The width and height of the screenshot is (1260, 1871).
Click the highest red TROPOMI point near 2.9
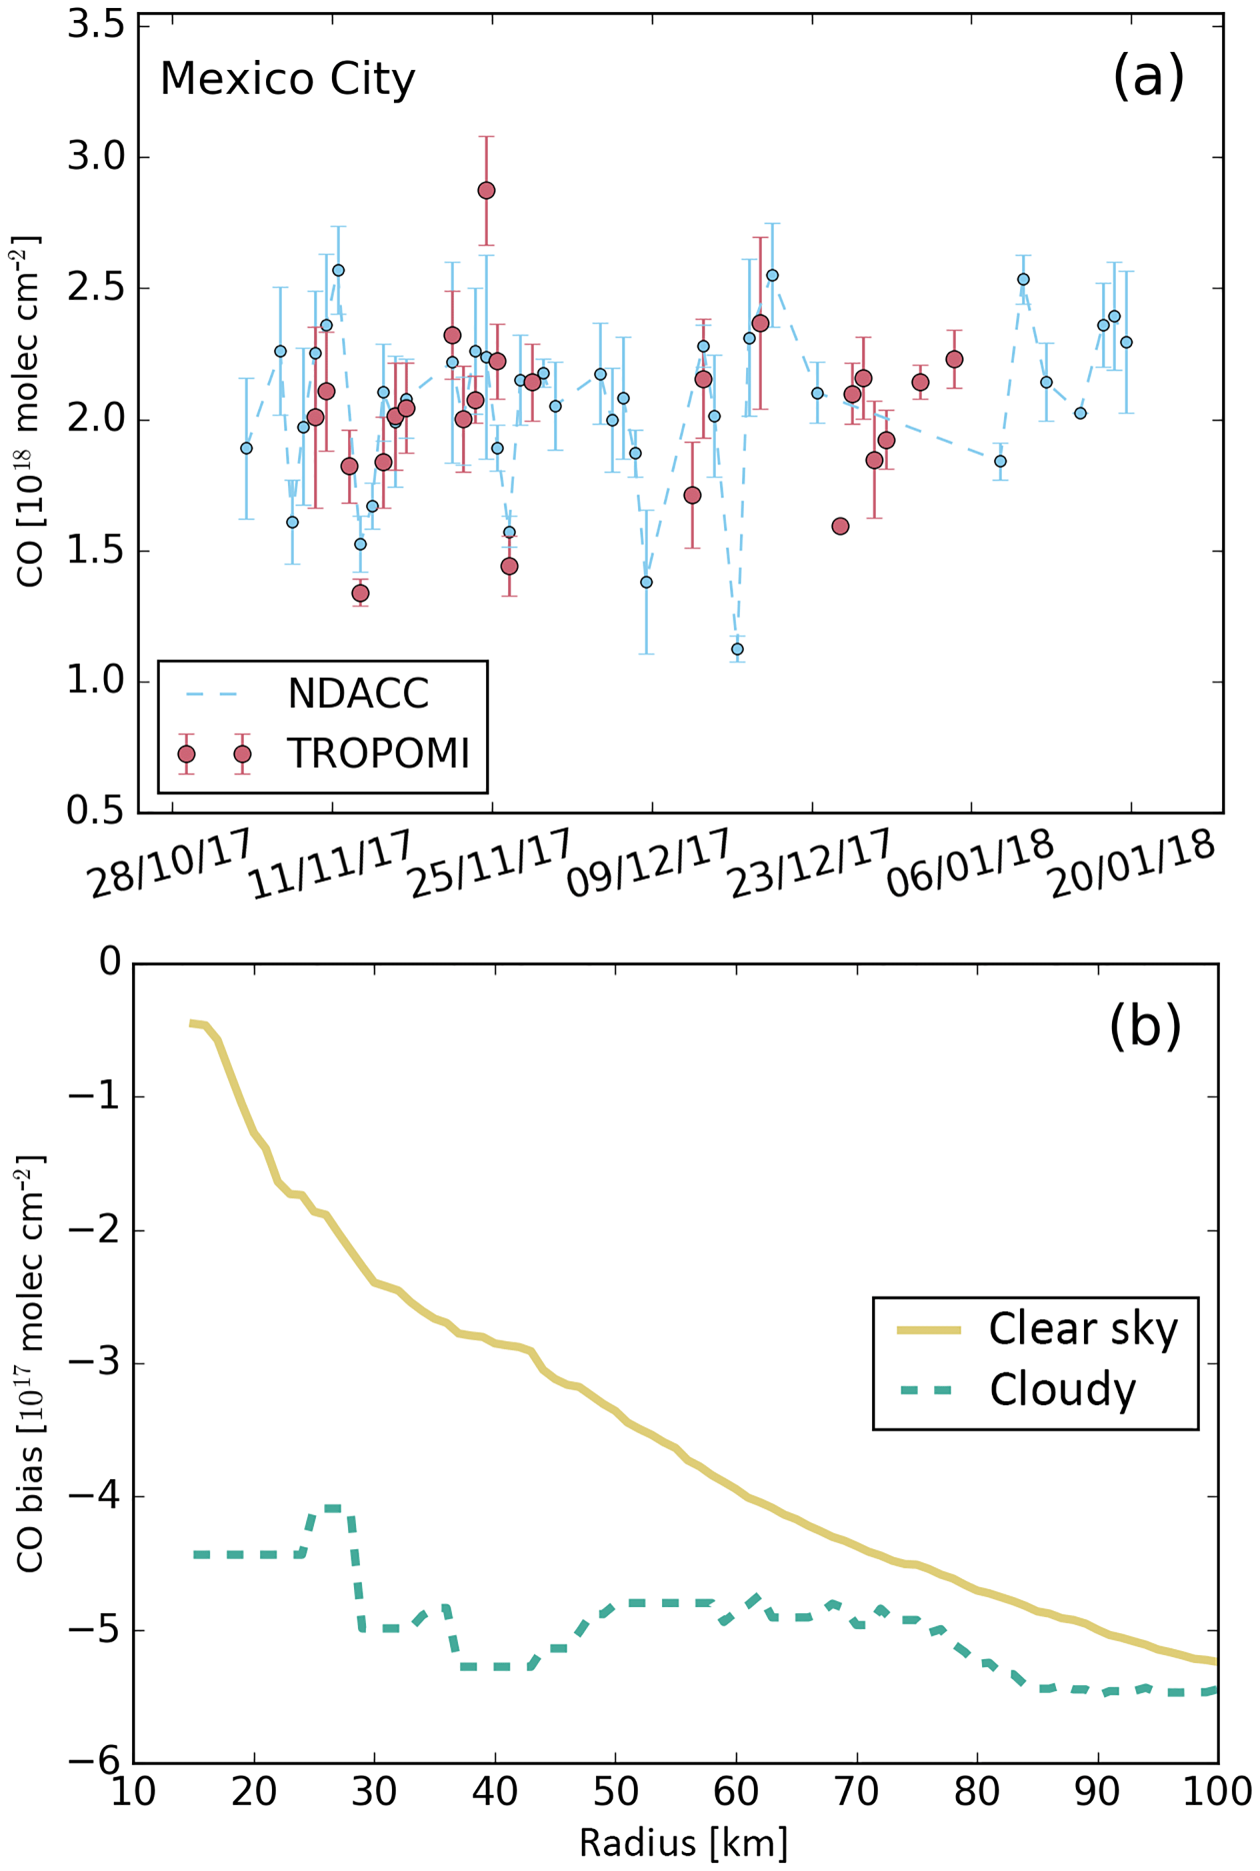click(x=486, y=191)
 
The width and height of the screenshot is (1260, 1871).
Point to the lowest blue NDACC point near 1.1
click(x=737, y=649)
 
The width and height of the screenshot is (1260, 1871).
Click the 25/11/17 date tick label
click(x=490, y=864)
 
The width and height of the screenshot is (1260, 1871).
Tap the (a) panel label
click(x=1147, y=77)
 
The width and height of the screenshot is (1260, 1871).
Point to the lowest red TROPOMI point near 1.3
click(x=360, y=593)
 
